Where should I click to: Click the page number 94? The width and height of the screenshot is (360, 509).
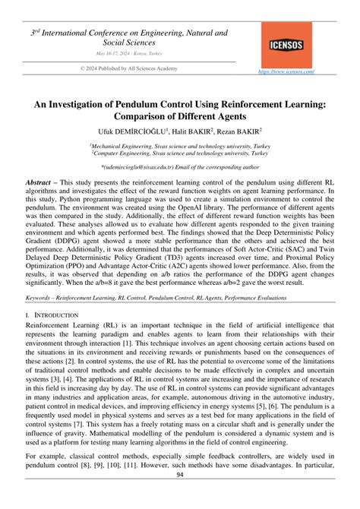click(x=180, y=498)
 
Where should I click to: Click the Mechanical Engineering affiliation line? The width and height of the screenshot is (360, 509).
click(x=179, y=145)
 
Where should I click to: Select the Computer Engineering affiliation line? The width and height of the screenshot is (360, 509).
click(x=179, y=153)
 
